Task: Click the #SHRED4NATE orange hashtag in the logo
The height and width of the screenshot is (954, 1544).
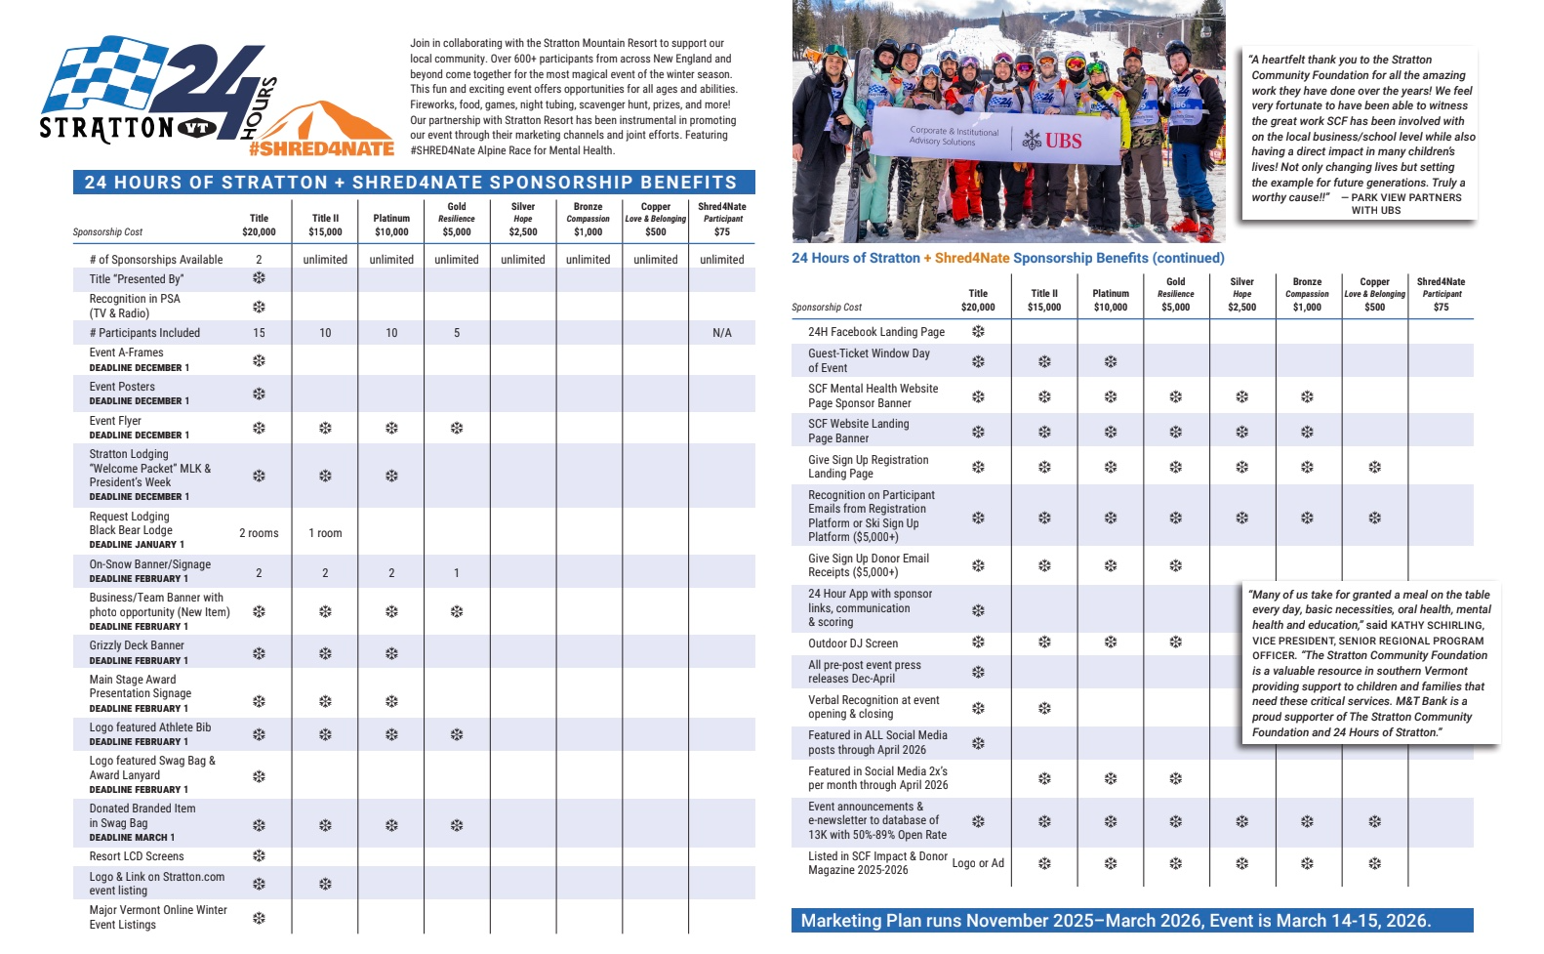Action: click(x=321, y=149)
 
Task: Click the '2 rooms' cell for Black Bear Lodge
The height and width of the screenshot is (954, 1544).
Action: click(x=259, y=533)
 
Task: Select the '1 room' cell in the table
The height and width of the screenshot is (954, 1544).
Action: click(x=325, y=533)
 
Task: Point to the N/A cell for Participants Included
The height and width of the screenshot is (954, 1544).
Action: click(x=721, y=333)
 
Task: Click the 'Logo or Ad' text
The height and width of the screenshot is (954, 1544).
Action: click(x=978, y=863)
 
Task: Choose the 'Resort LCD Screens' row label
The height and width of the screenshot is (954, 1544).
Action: click(x=137, y=856)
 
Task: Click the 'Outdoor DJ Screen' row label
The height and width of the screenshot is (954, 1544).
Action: click(x=853, y=643)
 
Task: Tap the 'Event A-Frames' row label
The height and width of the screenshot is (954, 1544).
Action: click(x=127, y=353)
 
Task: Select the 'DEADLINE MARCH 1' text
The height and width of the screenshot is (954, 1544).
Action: click(x=132, y=838)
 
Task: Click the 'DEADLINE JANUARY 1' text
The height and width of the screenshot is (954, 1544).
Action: click(x=137, y=545)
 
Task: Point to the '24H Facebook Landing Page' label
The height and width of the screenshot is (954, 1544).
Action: click(x=876, y=332)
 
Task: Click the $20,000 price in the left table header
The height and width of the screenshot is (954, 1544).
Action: click(x=259, y=232)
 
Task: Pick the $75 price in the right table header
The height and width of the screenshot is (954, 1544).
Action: click(x=1441, y=308)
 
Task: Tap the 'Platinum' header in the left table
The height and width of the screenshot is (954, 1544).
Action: click(x=391, y=219)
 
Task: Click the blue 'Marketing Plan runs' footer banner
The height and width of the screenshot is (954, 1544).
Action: click(x=1131, y=921)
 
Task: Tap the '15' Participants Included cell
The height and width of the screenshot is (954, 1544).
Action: click(x=259, y=333)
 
